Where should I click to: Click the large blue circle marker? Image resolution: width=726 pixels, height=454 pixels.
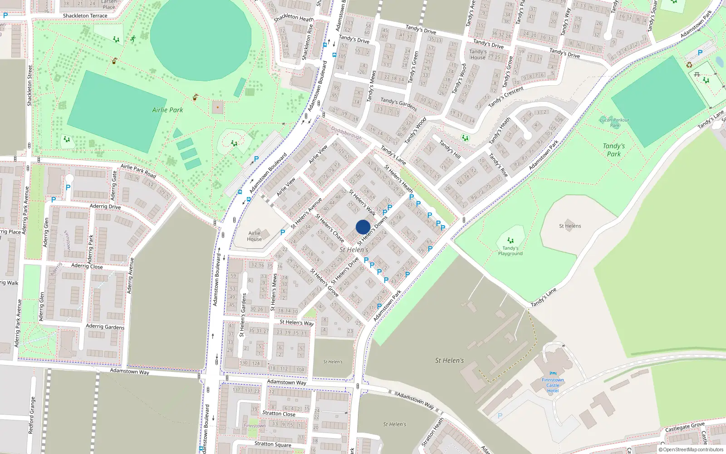363,227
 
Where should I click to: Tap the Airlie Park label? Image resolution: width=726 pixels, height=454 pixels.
167,110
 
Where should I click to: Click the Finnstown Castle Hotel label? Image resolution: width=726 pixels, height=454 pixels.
553,385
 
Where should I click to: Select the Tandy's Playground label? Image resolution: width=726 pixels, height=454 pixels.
510,251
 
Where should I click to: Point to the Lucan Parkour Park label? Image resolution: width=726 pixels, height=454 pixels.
614,123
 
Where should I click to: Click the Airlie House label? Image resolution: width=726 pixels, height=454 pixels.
254,236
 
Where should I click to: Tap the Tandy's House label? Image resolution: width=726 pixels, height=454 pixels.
478,54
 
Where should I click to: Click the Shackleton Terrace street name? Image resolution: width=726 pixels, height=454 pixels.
85,15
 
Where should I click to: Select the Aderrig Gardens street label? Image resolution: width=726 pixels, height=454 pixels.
105,326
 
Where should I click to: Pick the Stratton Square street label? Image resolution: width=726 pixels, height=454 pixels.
273,444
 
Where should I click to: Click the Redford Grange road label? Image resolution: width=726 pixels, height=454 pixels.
31,415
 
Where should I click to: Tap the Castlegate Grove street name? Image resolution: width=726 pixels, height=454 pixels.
685,427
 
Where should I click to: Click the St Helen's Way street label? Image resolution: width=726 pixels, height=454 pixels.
296,322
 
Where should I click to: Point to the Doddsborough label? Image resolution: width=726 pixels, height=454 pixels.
346,133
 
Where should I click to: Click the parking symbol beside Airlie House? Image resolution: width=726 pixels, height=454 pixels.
283,232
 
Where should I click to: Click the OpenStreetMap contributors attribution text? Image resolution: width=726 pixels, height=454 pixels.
691,449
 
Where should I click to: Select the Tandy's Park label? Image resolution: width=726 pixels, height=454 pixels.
613,150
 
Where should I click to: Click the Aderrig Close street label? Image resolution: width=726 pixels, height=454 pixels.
87,266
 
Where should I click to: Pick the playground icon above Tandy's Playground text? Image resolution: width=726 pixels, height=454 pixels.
510,241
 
